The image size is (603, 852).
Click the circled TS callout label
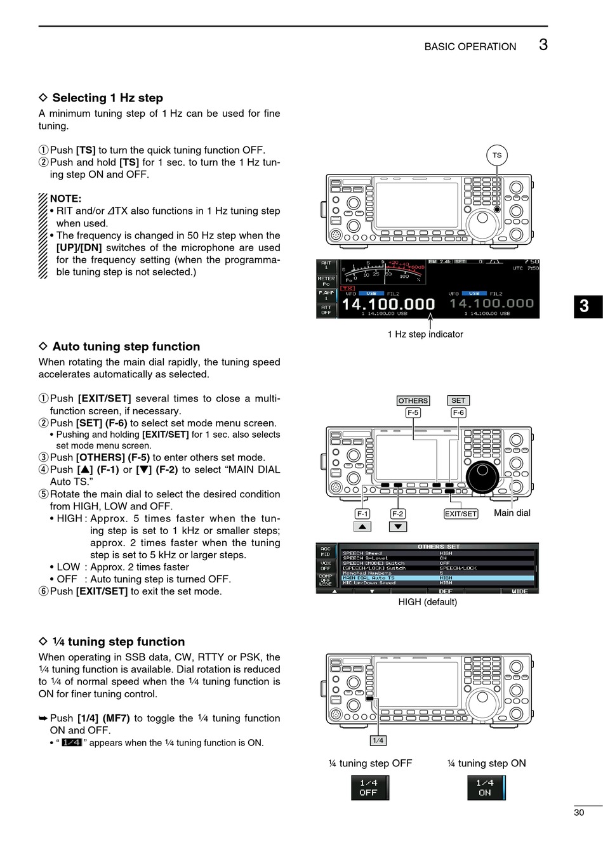click(x=497, y=155)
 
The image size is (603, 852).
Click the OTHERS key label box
click(x=413, y=401)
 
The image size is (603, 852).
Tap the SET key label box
click(x=458, y=401)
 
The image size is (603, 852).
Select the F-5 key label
click(x=413, y=413)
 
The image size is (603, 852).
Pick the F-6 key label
click(x=458, y=413)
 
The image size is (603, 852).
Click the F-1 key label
click(x=362, y=514)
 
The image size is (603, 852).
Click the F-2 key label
click(x=397, y=514)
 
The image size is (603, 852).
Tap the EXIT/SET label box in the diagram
click(x=461, y=514)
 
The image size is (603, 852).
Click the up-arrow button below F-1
click(x=362, y=527)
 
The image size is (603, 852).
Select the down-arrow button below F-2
click(x=397, y=527)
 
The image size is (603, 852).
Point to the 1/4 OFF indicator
click(x=369, y=788)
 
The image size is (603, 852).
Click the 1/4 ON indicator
click(x=486, y=788)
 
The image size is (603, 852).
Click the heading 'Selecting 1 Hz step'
click(x=107, y=98)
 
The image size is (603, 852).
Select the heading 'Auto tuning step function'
click(x=126, y=346)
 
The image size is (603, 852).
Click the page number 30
click(x=579, y=813)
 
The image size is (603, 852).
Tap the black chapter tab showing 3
click(x=585, y=306)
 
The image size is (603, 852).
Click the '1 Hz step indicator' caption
click(x=425, y=334)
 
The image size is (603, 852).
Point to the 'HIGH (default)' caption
click(x=427, y=602)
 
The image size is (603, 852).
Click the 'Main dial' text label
click(x=512, y=513)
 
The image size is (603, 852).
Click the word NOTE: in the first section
click(x=65, y=199)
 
